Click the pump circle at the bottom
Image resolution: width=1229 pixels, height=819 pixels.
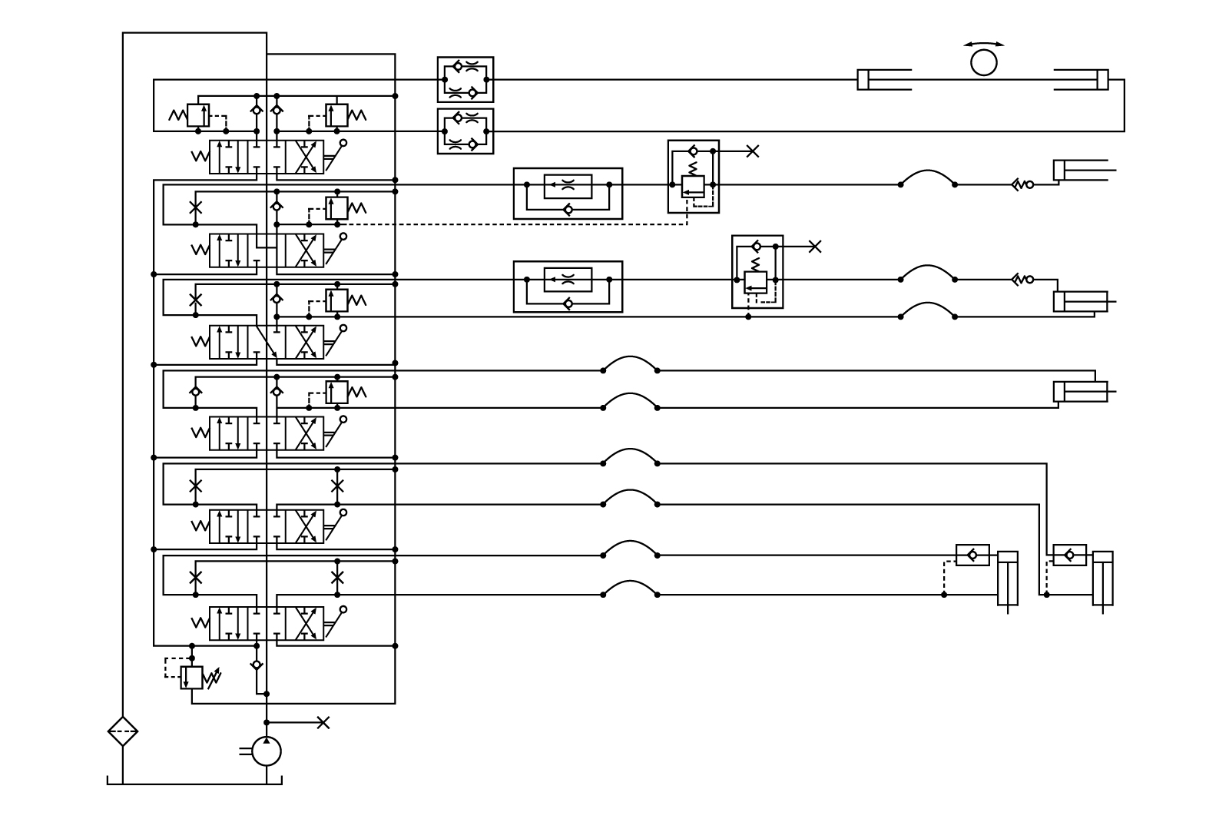click(267, 751)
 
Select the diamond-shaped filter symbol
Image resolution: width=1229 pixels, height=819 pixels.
click(123, 731)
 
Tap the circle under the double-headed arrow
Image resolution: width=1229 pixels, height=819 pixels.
click(983, 63)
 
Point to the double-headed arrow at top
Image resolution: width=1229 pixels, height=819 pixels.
click(983, 44)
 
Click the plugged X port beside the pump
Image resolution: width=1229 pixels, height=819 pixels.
click(323, 722)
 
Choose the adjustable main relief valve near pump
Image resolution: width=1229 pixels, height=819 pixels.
click(191, 678)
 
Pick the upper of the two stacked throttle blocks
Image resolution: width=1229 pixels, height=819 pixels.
click(465, 79)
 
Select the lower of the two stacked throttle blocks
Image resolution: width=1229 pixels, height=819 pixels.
click(465, 131)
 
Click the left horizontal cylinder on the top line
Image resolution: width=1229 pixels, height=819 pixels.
click(883, 79)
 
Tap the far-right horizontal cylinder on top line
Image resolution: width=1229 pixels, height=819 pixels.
click(1082, 79)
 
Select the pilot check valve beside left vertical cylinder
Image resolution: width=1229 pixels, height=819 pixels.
click(972, 555)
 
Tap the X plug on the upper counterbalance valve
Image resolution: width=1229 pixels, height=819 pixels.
click(753, 151)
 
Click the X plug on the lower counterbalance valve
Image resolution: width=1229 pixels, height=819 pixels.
click(815, 247)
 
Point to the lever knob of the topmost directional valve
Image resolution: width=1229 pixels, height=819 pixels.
click(343, 143)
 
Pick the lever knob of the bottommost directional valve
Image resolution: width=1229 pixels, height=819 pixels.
click(343, 609)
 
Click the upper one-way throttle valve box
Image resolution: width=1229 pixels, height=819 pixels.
click(568, 194)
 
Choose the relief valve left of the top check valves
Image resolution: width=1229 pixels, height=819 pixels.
click(198, 115)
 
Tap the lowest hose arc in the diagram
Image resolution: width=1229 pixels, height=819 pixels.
click(630, 588)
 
